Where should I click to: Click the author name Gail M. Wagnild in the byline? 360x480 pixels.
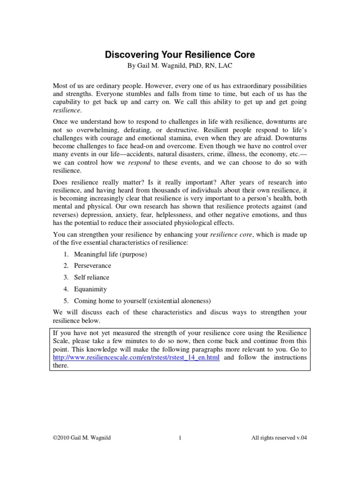click(164, 66)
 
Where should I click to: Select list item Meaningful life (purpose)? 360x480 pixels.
click(111, 254)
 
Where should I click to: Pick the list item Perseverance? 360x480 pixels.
click(93, 266)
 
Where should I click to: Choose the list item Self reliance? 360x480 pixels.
click(92, 277)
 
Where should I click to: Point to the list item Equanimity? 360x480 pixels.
click(90, 289)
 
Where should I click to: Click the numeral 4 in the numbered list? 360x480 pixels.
click(66, 289)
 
